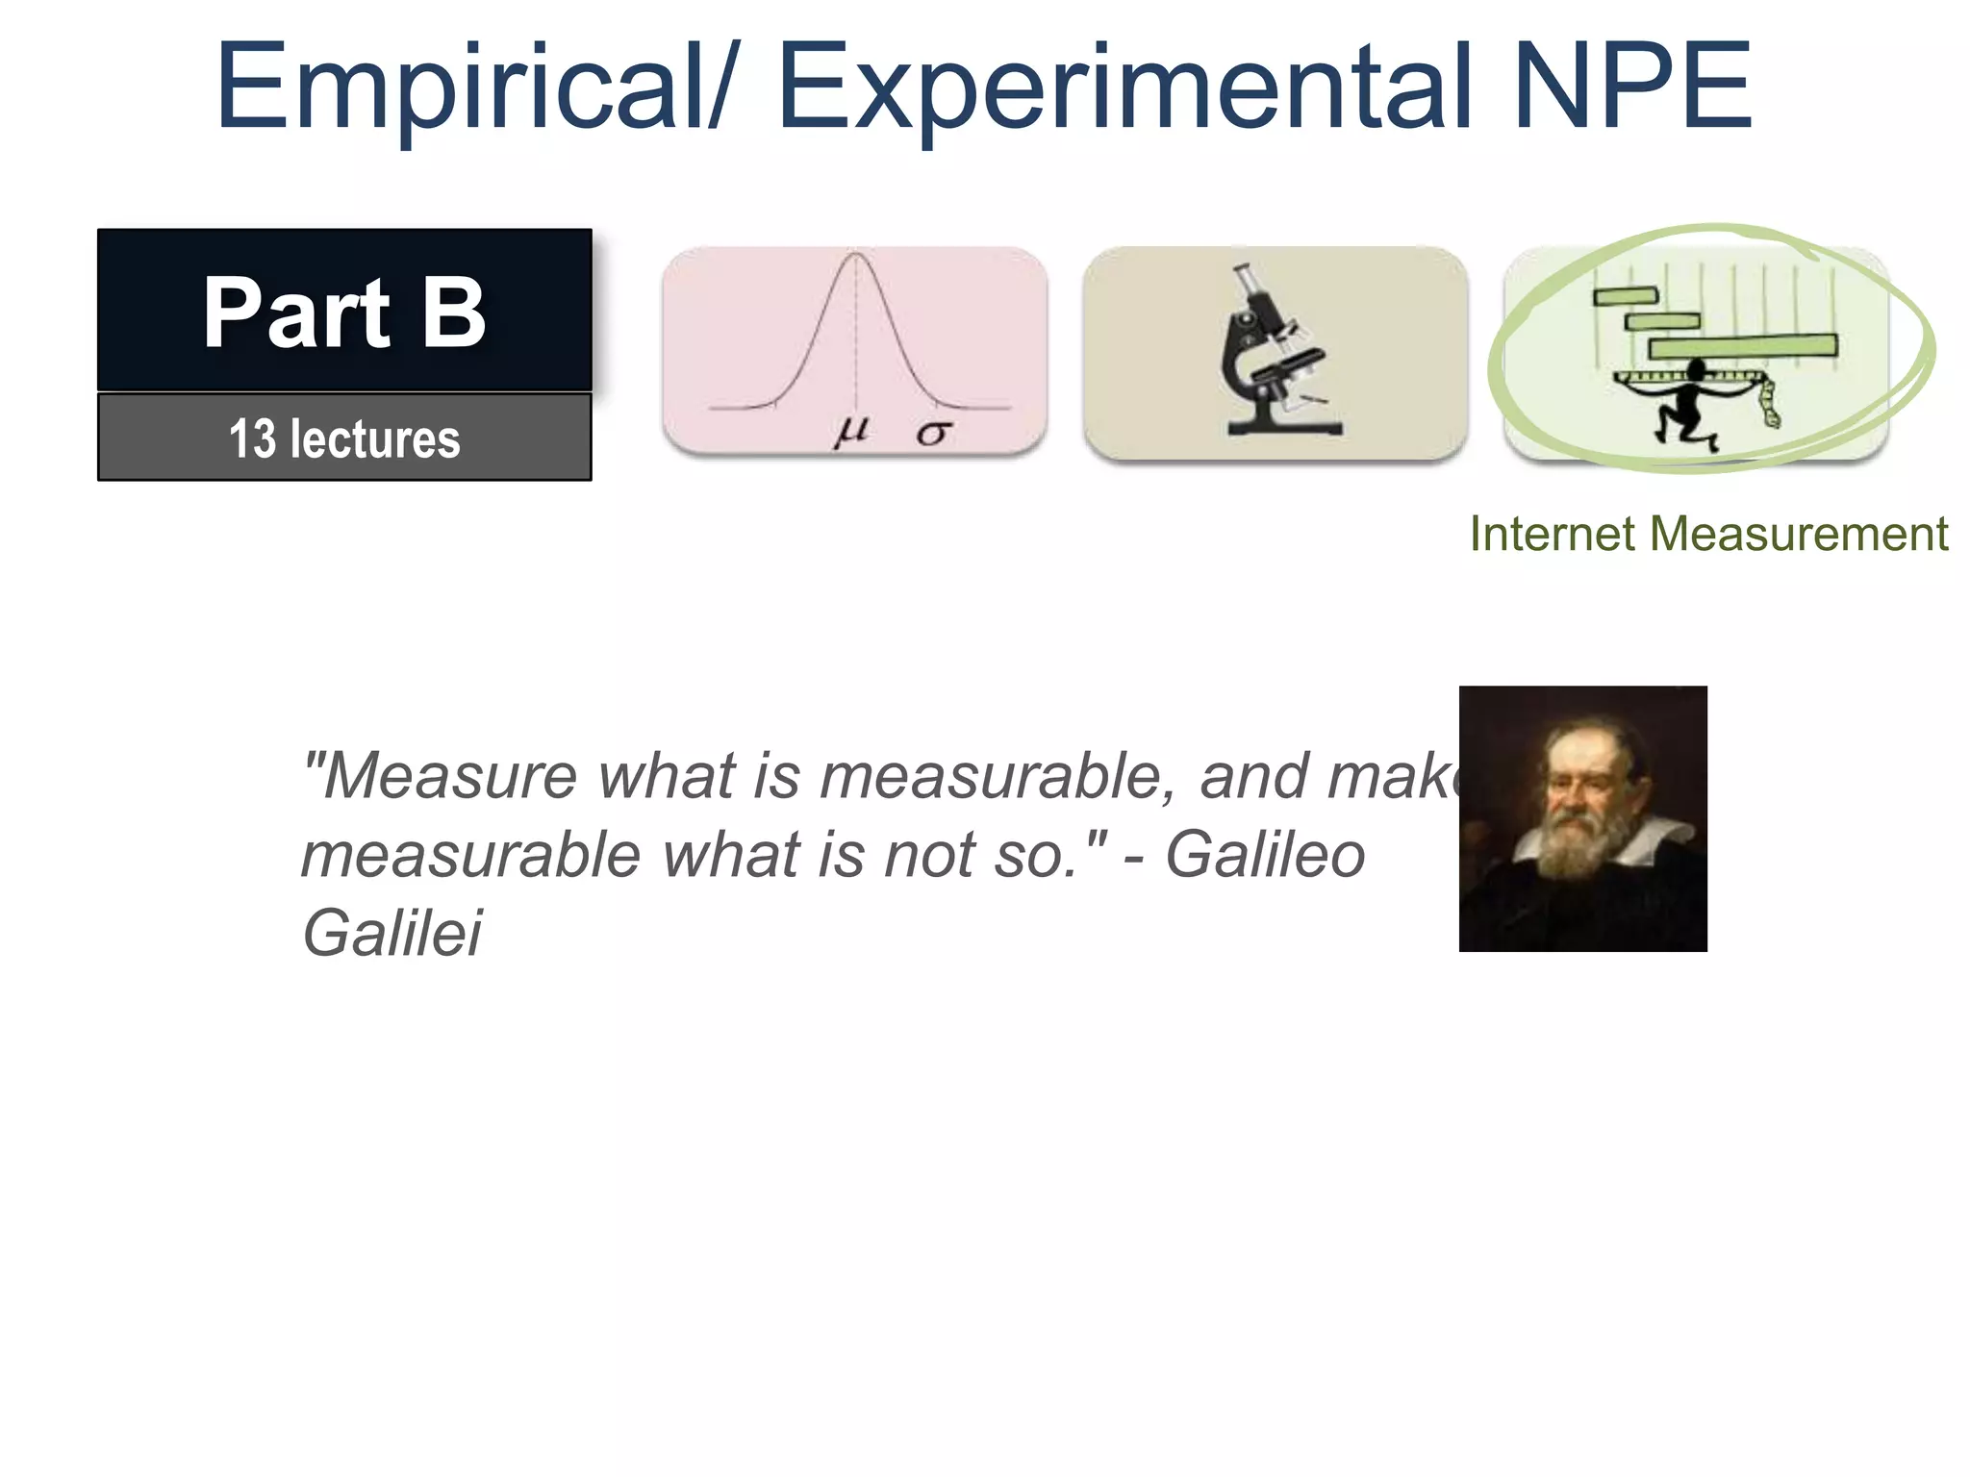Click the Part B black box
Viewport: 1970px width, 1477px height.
[344, 310]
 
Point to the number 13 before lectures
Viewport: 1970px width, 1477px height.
[252, 438]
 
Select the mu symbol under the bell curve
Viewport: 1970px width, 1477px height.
[851, 430]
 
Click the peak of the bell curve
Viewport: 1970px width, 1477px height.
[855, 256]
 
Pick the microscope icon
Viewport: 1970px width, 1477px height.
[1275, 353]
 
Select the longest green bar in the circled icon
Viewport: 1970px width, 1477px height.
[1742, 345]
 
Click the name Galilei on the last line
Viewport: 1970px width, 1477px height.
[392, 933]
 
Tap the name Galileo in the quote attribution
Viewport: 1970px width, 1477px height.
[1265, 854]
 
